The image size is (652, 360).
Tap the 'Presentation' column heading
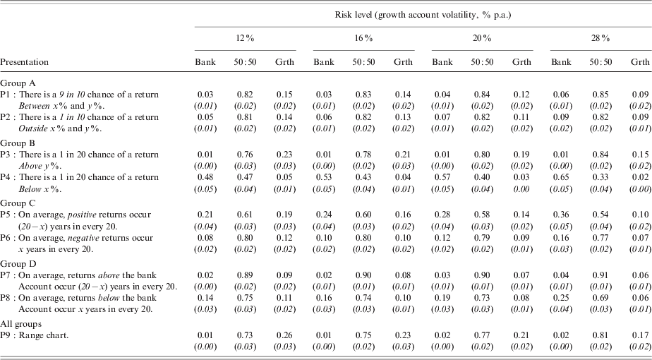pos(23,62)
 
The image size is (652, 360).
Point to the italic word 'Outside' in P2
pos(35,126)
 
